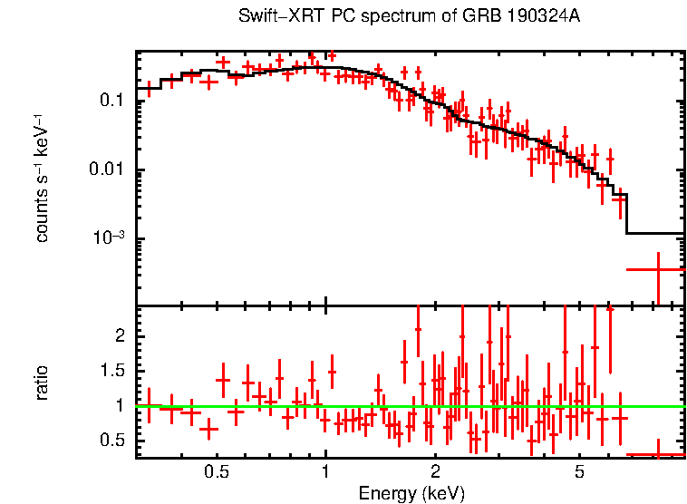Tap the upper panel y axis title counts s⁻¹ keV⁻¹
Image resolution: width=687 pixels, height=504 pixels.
pos(43,178)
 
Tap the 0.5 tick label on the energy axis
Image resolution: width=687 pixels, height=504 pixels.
pos(216,472)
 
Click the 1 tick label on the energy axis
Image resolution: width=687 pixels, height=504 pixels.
pos(326,472)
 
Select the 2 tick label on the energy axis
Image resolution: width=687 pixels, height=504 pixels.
pos(435,472)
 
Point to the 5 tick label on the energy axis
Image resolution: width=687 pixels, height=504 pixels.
pos(580,472)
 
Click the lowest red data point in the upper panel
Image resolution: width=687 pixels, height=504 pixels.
pos(656,269)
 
